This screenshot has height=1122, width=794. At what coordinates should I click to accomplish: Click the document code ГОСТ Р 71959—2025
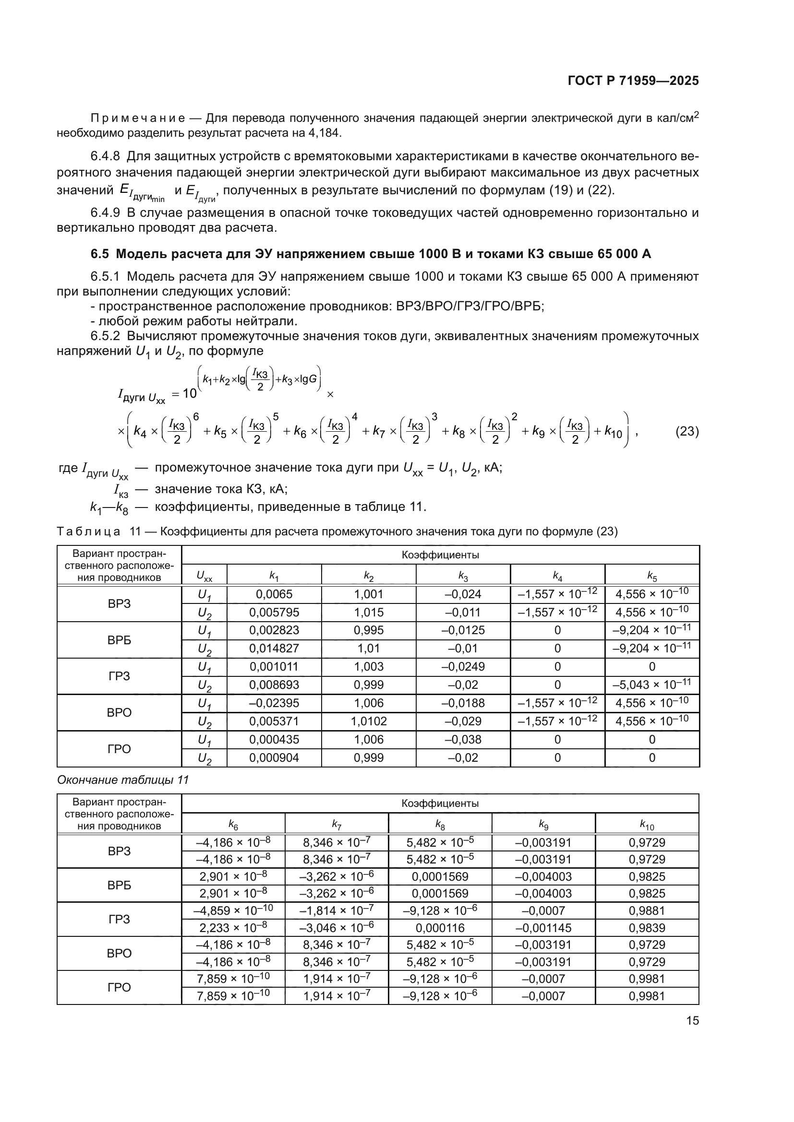click(x=633, y=81)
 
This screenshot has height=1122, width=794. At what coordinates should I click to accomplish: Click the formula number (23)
click(x=686, y=432)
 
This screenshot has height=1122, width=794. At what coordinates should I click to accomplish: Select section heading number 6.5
click(x=100, y=254)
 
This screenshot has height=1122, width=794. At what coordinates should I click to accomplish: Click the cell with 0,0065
click(x=274, y=594)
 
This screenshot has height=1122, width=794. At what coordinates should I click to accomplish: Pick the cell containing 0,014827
click(x=274, y=649)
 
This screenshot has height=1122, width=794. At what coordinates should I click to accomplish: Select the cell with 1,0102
click(x=369, y=721)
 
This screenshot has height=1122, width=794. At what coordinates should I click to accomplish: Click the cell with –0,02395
click(x=274, y=703)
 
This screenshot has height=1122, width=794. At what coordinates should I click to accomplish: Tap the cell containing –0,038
click(x=463, y=739)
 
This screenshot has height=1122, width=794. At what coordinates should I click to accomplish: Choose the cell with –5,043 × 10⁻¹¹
click(x=652, y=685)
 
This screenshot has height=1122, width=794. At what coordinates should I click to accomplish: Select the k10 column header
click(x=647, y=826)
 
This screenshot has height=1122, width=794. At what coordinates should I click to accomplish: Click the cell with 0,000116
click(x=440, y=928)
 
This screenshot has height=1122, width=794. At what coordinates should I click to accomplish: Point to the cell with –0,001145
click(x=543, y=928)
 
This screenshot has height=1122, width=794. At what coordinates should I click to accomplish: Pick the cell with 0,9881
click(x=647, y=911)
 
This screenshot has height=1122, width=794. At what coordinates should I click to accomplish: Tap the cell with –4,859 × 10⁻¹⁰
click(x=233, y=911)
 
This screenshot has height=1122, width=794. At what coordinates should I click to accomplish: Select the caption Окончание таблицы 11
click(x=123, y=779)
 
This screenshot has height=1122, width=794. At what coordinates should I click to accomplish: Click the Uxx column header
click(x=205, y=576)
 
